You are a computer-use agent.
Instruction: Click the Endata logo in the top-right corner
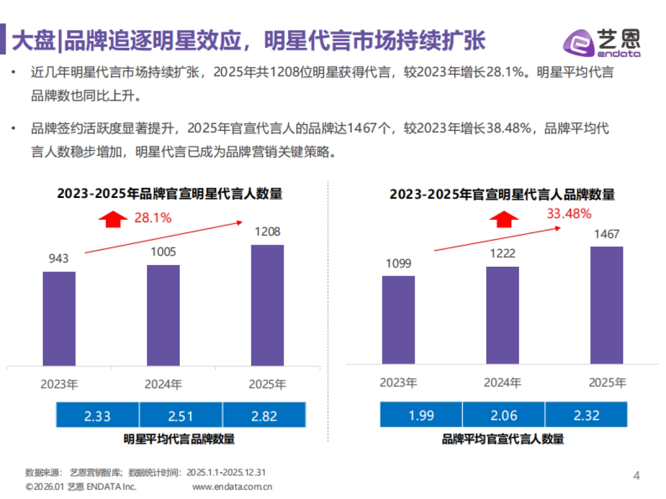point(601,42)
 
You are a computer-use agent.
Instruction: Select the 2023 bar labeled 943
point(59,318)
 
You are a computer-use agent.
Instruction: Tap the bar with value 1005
point(163,315)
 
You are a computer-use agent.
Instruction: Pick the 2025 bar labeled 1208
point(268,305)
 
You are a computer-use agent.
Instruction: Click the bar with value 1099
point(398,319)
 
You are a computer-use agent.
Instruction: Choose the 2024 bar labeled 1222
point(502,315)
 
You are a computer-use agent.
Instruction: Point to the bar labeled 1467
point(607,305)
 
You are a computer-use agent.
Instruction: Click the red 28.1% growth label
point(153,218)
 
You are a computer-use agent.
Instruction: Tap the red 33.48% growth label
point(569,214)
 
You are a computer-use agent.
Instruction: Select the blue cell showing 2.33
point(98,416)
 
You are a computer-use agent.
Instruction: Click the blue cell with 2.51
point(180,416)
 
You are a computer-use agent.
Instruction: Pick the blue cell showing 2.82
point(264,416)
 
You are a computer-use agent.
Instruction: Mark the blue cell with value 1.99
point(421,415)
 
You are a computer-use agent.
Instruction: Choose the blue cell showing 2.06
point(503,415)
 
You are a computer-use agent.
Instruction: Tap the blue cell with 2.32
point(586,415)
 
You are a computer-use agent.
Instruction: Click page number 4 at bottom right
point(637,476)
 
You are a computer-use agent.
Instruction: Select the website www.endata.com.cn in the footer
point(232,487)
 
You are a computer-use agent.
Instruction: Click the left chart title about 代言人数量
point(169,194)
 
